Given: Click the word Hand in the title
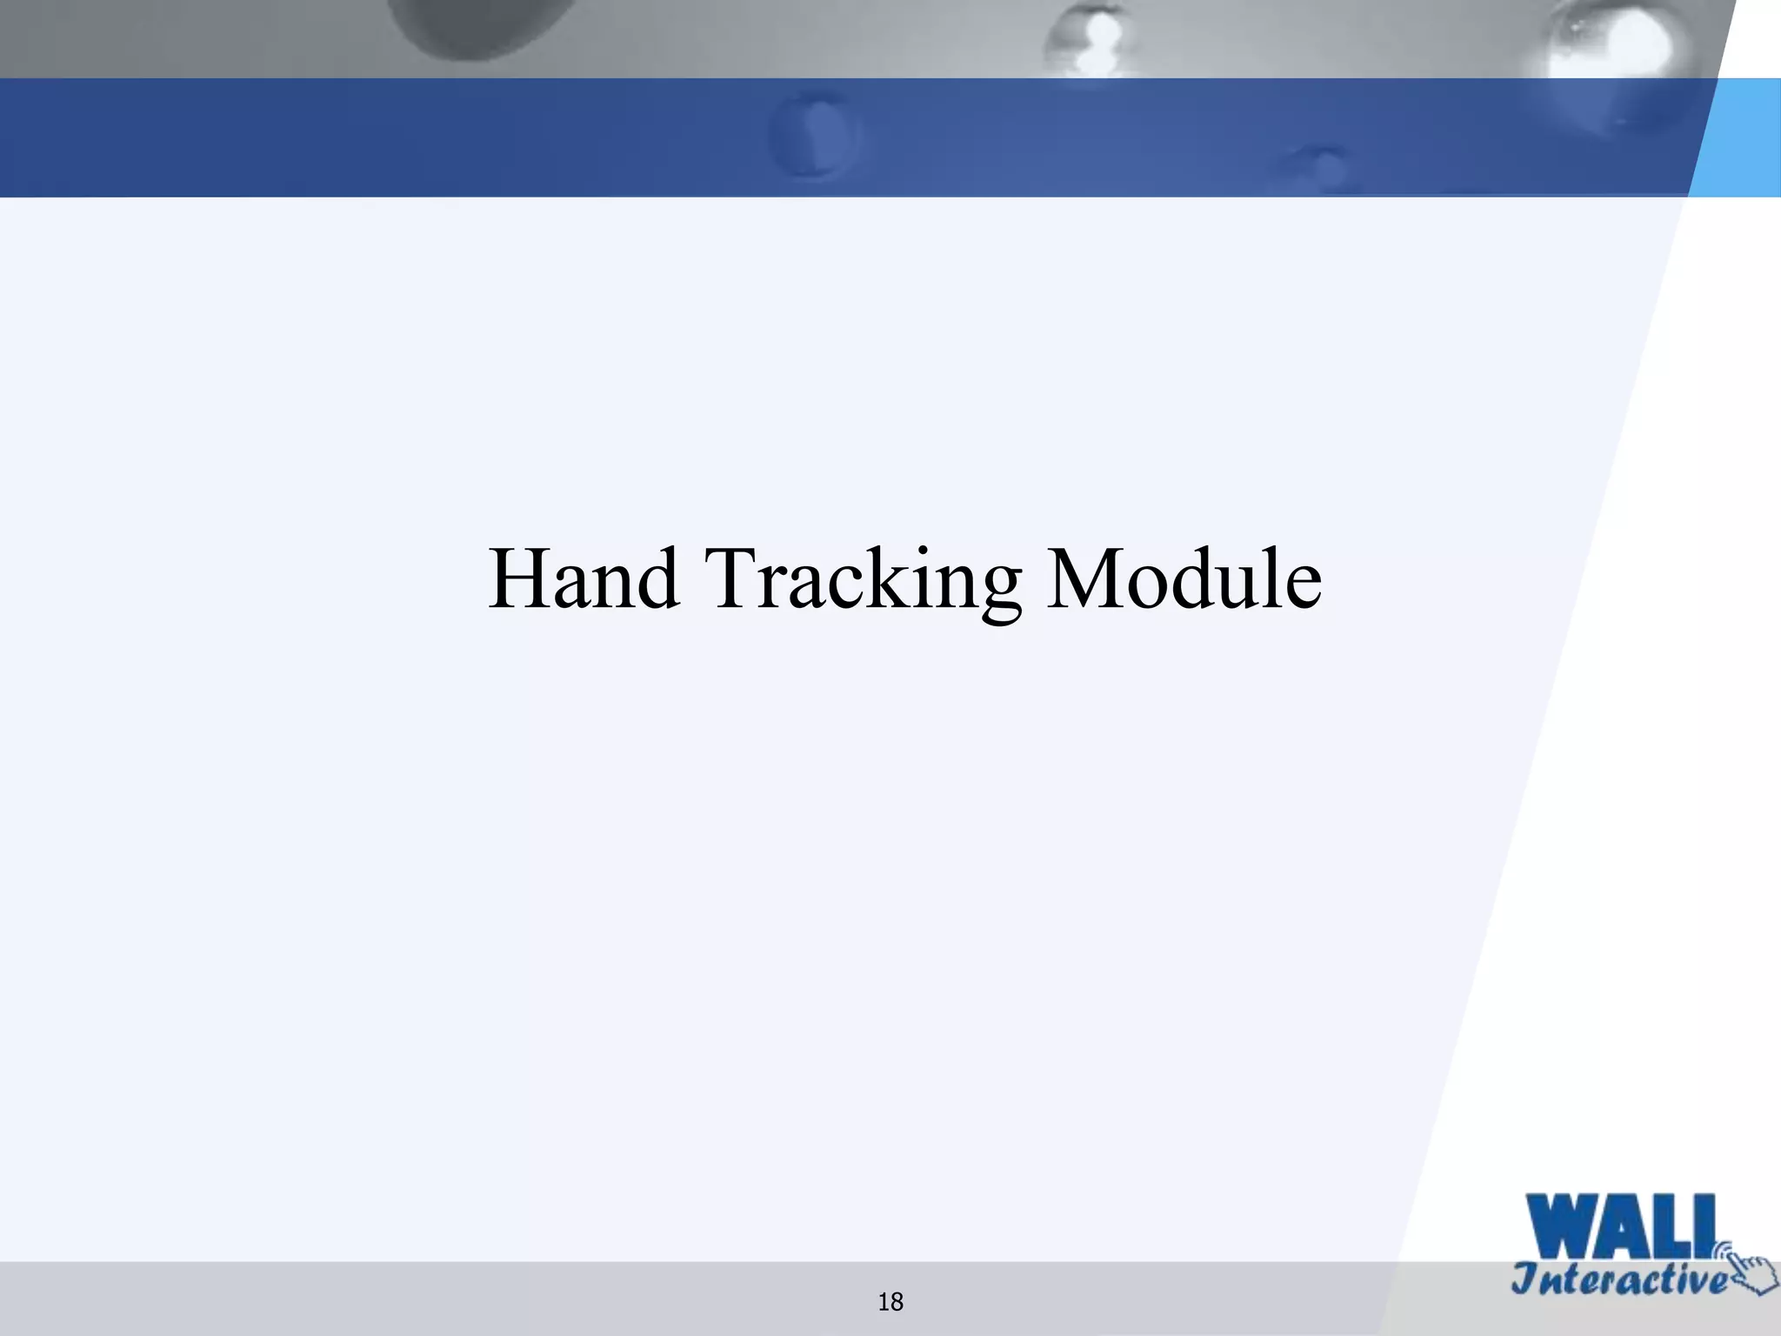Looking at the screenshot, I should pos(584,578).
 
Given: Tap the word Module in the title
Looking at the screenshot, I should pos(1184,578).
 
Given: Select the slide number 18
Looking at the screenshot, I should pos(890,1302).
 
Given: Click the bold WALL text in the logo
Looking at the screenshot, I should pos(1621,1227).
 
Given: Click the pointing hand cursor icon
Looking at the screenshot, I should pos(1750,1273).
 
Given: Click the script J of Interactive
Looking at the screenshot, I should pos(1525,1279).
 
